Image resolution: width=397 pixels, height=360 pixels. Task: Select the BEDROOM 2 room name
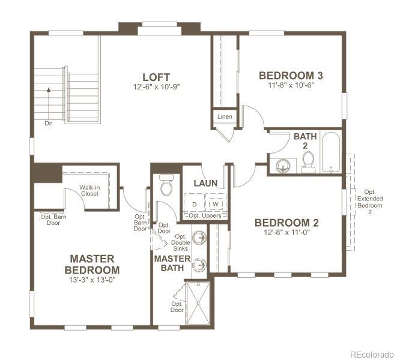click(286, 223)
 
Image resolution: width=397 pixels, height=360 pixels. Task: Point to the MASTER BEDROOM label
click(91, 264)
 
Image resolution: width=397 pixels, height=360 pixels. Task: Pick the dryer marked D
click(195, 205)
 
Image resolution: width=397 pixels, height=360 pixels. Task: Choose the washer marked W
click(215, 205)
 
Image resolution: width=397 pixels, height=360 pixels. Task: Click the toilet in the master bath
click(166, 185)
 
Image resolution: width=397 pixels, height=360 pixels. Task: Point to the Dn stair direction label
click(48, 122)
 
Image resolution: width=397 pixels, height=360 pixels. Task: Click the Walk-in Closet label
click(89, 190)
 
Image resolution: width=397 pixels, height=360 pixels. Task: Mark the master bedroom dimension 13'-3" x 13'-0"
click(91, 280)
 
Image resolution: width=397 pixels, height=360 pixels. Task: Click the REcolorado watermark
click(372, 353)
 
